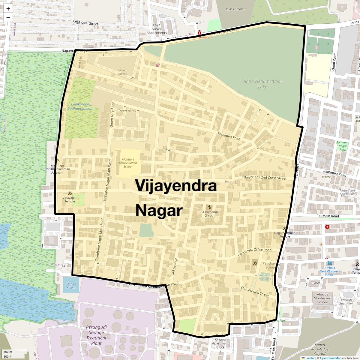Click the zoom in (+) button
click(x=8, y=9)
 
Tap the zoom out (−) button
click(x=8, y=17)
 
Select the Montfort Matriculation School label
click(x=128, y=163)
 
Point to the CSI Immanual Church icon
click(x=209, y=207)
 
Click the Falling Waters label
click(x=122, y=72)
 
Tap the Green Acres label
click(x=127, y=111)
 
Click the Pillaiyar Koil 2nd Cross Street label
click(x=264, y=178)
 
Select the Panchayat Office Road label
click(x=254, y=252)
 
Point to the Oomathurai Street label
click(x=255, y=291)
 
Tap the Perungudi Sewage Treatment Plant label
click(x=96, y=335)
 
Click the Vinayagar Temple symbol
click(x=69, y=193)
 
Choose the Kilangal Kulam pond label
click(x=71, y=286)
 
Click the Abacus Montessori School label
click(x=322, y=298)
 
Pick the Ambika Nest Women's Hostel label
click(x=330, y=271)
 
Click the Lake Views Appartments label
click(x=157, y=29)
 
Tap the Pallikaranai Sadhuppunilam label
click(x=81, y=106)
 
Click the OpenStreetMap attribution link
click(x=330, y=358)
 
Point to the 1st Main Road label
click(x=328, y=216)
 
